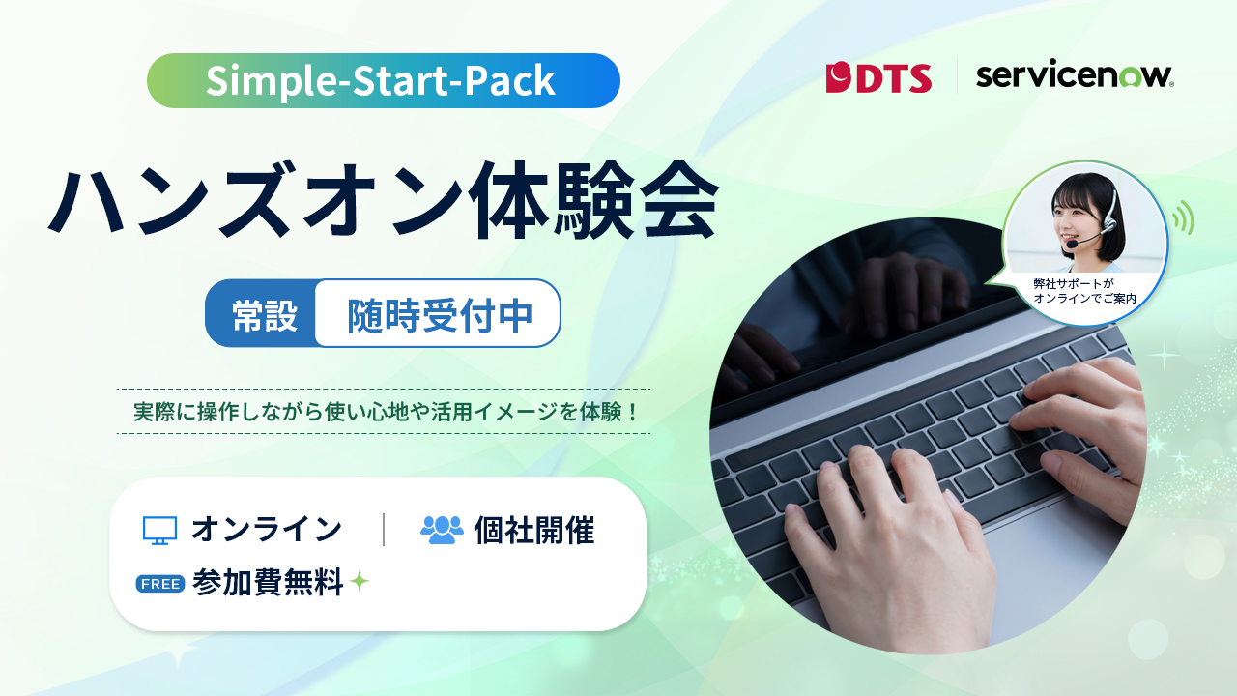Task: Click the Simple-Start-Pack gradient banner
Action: tap(384, 80)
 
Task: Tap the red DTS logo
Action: tap(878, 78)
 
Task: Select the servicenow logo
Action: tap(1075, 75)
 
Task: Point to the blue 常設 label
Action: tap(264, 316)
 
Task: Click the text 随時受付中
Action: tap(440, 316)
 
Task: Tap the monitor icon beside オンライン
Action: tap(160, 531)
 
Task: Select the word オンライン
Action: tap(267, 529)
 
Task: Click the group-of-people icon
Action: tap(442, 530)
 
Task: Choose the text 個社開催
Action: tap(534, 531)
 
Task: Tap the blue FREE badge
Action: tap(160, 584)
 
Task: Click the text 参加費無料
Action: tap(268, 582)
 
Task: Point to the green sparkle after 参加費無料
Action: tap(360, 581)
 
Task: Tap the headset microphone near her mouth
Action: tap(1072, 244)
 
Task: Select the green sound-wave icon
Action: tap(1183, 217)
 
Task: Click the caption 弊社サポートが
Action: tap(1074, 284)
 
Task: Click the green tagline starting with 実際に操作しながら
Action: tap(386, 412)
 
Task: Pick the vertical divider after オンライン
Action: tap(384, 529)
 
